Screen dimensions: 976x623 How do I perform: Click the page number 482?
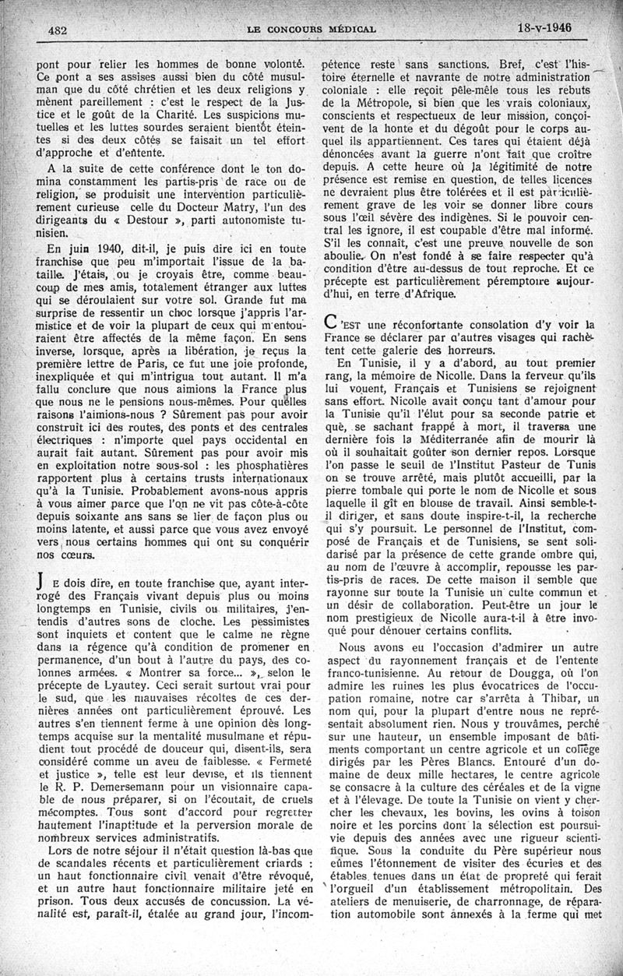coord(55,30)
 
